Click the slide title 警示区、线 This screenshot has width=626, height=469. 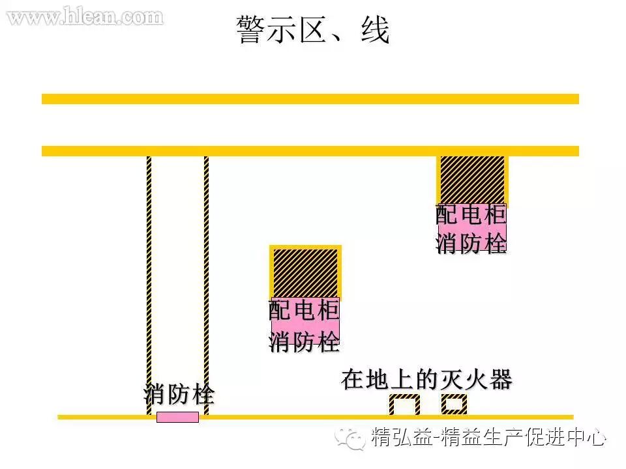click(x=313, y=31)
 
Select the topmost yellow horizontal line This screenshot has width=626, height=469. click(x=310, y=99)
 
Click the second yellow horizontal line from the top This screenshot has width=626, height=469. click(x=310, y=151)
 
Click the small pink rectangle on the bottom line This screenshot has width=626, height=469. click(x=177, y=418)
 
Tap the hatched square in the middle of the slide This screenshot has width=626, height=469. click(x=305, y=273)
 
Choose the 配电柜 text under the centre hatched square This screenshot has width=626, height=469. click(x=305, y=311)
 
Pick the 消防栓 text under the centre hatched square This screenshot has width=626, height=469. click(x=305, y=341)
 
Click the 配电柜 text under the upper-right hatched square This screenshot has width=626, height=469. click(x=471, y=216)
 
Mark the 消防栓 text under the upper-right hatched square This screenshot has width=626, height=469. click(x=471, y=244)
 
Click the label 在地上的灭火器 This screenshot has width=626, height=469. click(x=426, y=380)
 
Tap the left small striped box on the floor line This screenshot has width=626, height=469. click(x=404, y=405)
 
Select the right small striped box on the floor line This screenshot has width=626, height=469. click(x=454, y=405)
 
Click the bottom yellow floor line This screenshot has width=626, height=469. click(x=313, y=417)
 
